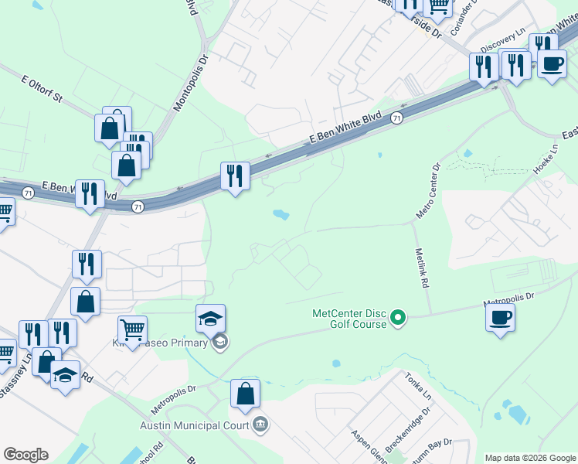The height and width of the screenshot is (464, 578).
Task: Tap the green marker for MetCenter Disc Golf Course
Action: pos(398,317)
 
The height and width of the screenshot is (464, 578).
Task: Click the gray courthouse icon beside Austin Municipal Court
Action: pos(260,424)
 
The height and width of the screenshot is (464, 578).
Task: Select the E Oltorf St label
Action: pos(46,91)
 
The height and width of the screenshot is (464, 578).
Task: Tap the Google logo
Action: pos(25,455)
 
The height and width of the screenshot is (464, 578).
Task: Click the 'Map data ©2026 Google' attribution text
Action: pos(530,458)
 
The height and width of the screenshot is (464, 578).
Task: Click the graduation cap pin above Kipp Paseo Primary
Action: pos(210,318)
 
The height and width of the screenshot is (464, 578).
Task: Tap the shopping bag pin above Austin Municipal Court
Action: pos(245,394)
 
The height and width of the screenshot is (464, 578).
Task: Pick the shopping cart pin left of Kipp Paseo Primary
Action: pos(133,329)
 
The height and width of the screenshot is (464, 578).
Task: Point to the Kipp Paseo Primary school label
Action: pos(160,343)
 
